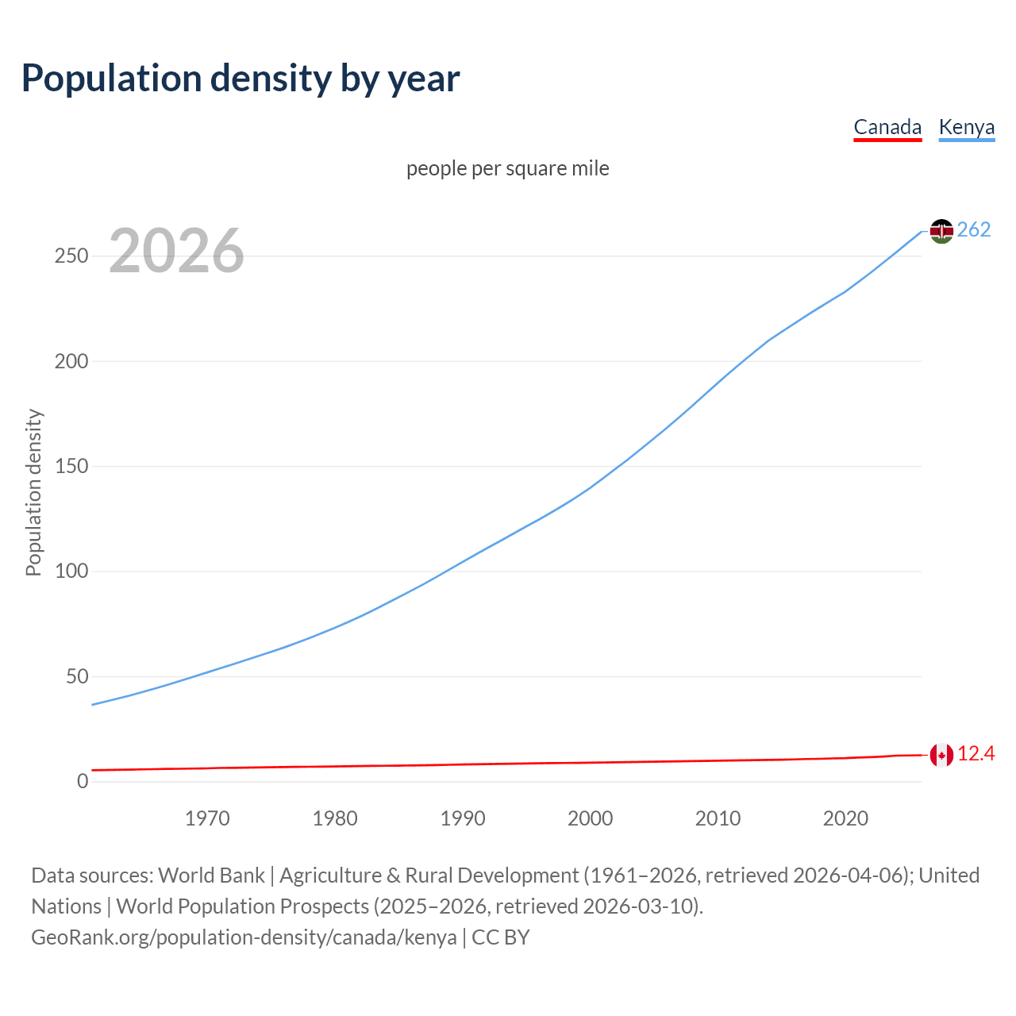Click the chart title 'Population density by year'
pos(241,79)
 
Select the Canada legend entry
pos(887,127)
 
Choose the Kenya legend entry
pos(966,127)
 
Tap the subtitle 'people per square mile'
pos(508,168)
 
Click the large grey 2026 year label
pos(176,251)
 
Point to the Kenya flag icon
pos(941,231)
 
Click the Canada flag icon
pos(941,755)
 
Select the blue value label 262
pos(974,229)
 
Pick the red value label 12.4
pos(976,753)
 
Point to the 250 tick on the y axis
pos(71,256)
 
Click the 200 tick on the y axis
pos(71,361)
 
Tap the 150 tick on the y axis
pos(71,466)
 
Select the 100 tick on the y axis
pos(71,571)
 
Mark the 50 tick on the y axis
pos(77,676)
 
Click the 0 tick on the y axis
pos(83,781)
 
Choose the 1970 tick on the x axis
pos(207,818)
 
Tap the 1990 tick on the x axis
pos(463,818)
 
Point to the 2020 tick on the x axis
pos(845,818)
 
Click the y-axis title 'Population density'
pos(33,492)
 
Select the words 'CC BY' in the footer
pos(501,937)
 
